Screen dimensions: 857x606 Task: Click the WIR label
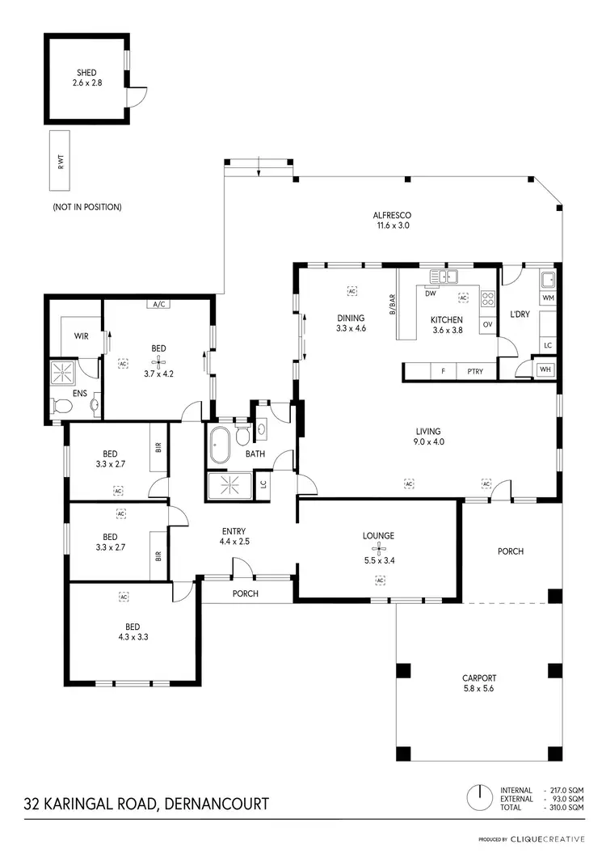pyautogui.click(x=81, y=334)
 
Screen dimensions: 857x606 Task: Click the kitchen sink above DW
pyautogui.click(x=444, y=275)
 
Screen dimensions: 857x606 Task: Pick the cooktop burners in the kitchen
pyautogui.click(x=487, y=298)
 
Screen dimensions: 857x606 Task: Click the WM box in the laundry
pyautogui.click(x=549, y=298)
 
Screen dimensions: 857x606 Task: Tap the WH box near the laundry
pyautogui.click(x=546, y=371)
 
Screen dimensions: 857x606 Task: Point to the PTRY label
pyautogui.click(x=475, y=372)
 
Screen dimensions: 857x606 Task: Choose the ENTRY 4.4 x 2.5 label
pyautogui.click(x=234, y=536)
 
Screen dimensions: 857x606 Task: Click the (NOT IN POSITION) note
pyautogui.click(x=86, y=207)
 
